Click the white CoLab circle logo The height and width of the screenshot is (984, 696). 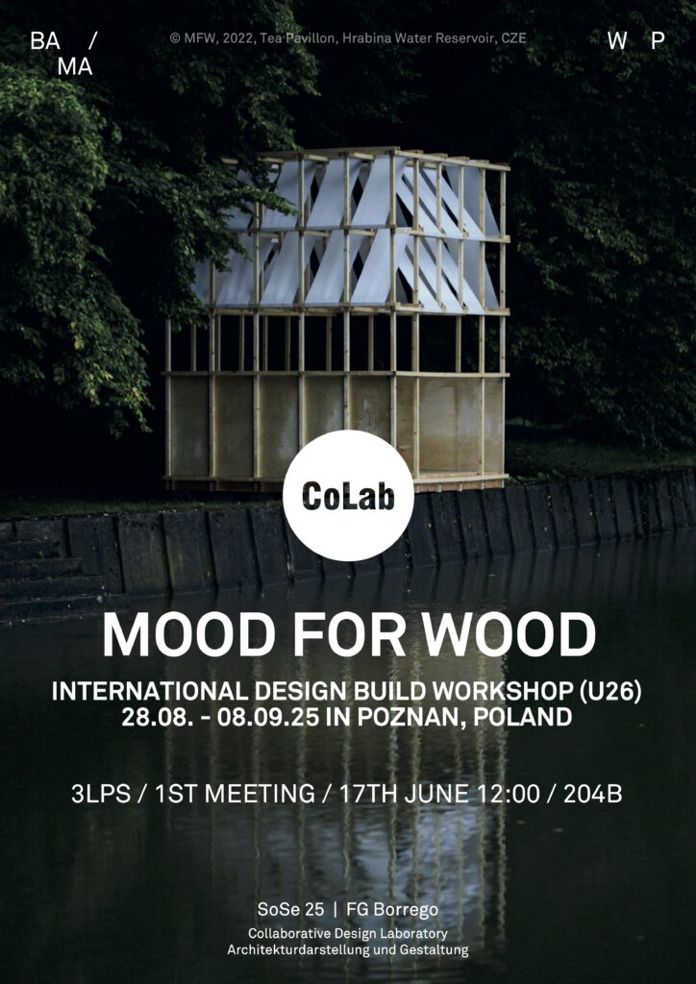pos(348,495)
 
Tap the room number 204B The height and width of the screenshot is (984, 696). pos(592,795)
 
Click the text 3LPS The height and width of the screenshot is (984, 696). pos(102,795)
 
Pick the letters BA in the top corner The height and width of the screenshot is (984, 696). pos(45,40)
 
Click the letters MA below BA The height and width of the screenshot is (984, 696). pos(75,66)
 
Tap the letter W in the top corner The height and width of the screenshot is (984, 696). pos(617,40)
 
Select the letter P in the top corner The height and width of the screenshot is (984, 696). pos(658,40)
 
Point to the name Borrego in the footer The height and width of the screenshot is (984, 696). pos(412,909)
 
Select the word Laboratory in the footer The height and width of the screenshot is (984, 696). pos(418,934)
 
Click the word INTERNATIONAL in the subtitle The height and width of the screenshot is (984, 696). pos(147,692)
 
